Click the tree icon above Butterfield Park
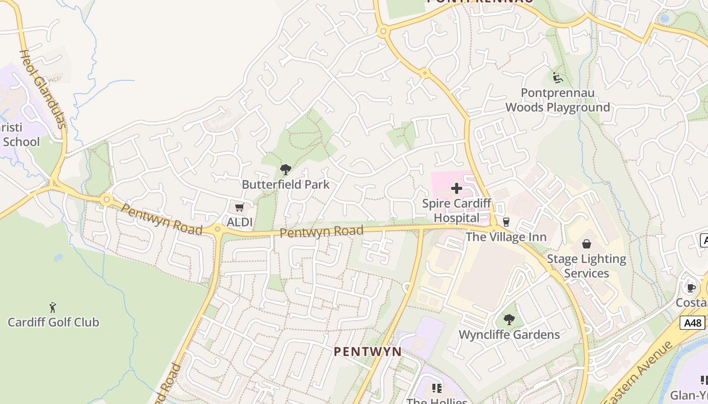[286, 170]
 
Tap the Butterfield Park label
[286, 184]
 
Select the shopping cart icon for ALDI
[239, 208]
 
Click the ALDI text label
[239, 222]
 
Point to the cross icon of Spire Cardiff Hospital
[457, 188]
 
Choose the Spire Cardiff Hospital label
[457, 211]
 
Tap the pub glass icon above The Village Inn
[506, 222]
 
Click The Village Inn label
[506, 237]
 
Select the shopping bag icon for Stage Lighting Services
[587, 244]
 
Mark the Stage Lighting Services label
[587, 266]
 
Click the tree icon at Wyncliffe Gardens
[509, 320]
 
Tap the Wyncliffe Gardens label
[509, 334]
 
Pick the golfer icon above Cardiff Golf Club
[53, 307]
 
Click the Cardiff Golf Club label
[53, 322]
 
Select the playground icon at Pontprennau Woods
[557, 78]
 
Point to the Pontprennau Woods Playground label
[558, 100]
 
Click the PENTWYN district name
[368, 351]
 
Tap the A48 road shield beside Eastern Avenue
[692, 323]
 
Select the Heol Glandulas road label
[43, 89]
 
